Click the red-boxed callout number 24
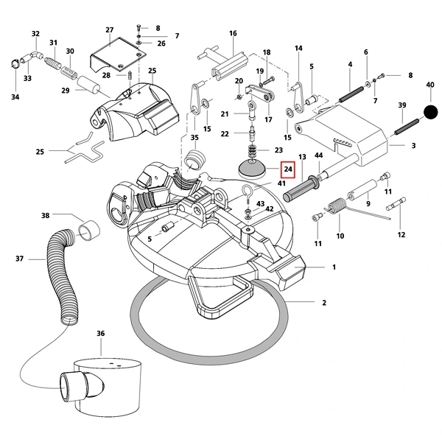[288, 169]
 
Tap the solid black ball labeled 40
[431, 112]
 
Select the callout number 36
[101, 333]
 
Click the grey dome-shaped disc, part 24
[252, 169]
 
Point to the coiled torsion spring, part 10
[335, 206]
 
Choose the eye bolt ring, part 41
[248, 193]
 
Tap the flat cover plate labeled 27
[119, 55]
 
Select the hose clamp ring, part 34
[15, 63]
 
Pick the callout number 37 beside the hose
[19, 259]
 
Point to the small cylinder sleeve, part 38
[89, 230]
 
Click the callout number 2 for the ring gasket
[324, 303]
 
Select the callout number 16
[233, 33]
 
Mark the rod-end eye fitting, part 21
[252, 110]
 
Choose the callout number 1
[334, 267]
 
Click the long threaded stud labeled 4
[351, 94]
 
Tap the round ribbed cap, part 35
[194, 160]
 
